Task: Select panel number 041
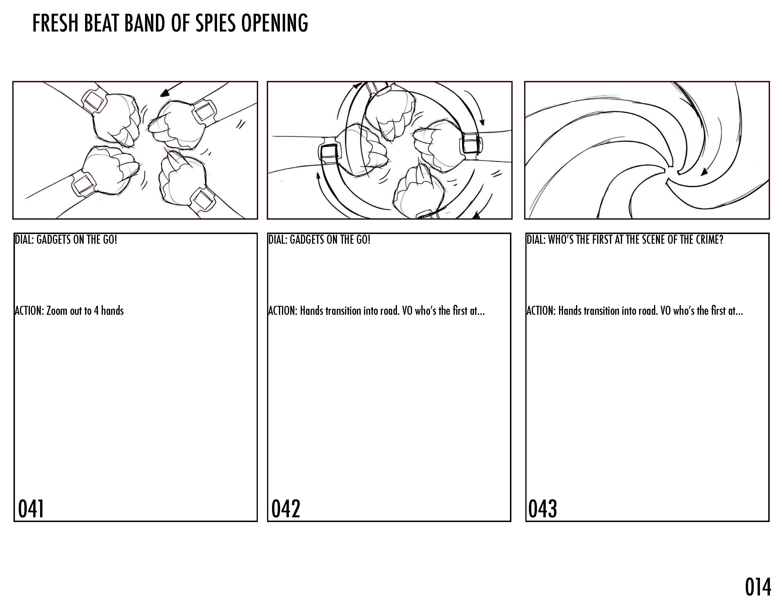coord(31,509)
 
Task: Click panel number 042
coord(285,509)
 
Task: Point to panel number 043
coord(542,509)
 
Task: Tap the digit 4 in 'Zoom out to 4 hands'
coord(96,311)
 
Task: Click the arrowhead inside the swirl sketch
coord(704,172)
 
